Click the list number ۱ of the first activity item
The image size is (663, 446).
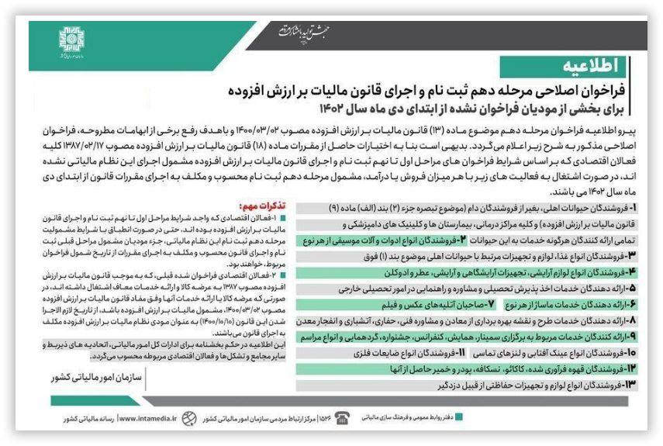tap(634, 209)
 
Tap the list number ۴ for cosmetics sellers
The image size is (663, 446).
tap(632, 272)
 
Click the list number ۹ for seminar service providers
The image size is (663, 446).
tap(633, 336)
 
